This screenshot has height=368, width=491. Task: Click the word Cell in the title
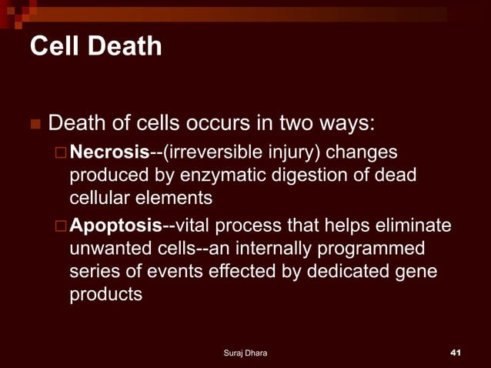(55, 47)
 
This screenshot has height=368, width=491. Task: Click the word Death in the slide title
(124, 47)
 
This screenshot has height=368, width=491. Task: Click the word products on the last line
(106, 296)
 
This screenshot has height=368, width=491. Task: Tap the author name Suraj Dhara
(245, 353)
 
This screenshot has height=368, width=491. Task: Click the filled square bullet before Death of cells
(35, 124)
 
